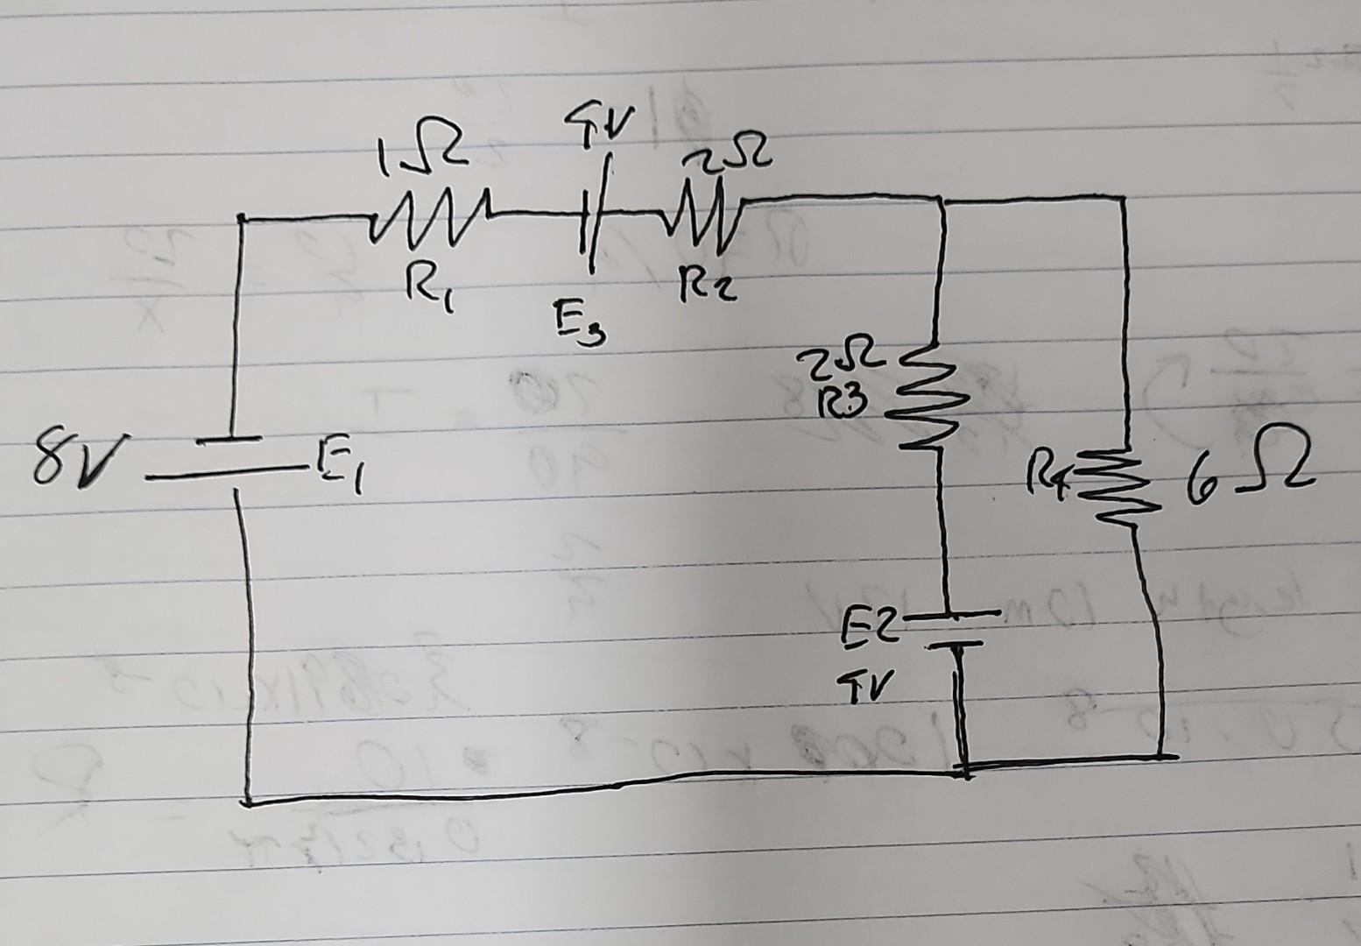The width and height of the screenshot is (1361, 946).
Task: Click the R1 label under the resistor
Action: pyautogui.click(x=427, y=285)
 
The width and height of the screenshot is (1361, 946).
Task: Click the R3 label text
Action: pyautogui.click(x=842, y=402)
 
